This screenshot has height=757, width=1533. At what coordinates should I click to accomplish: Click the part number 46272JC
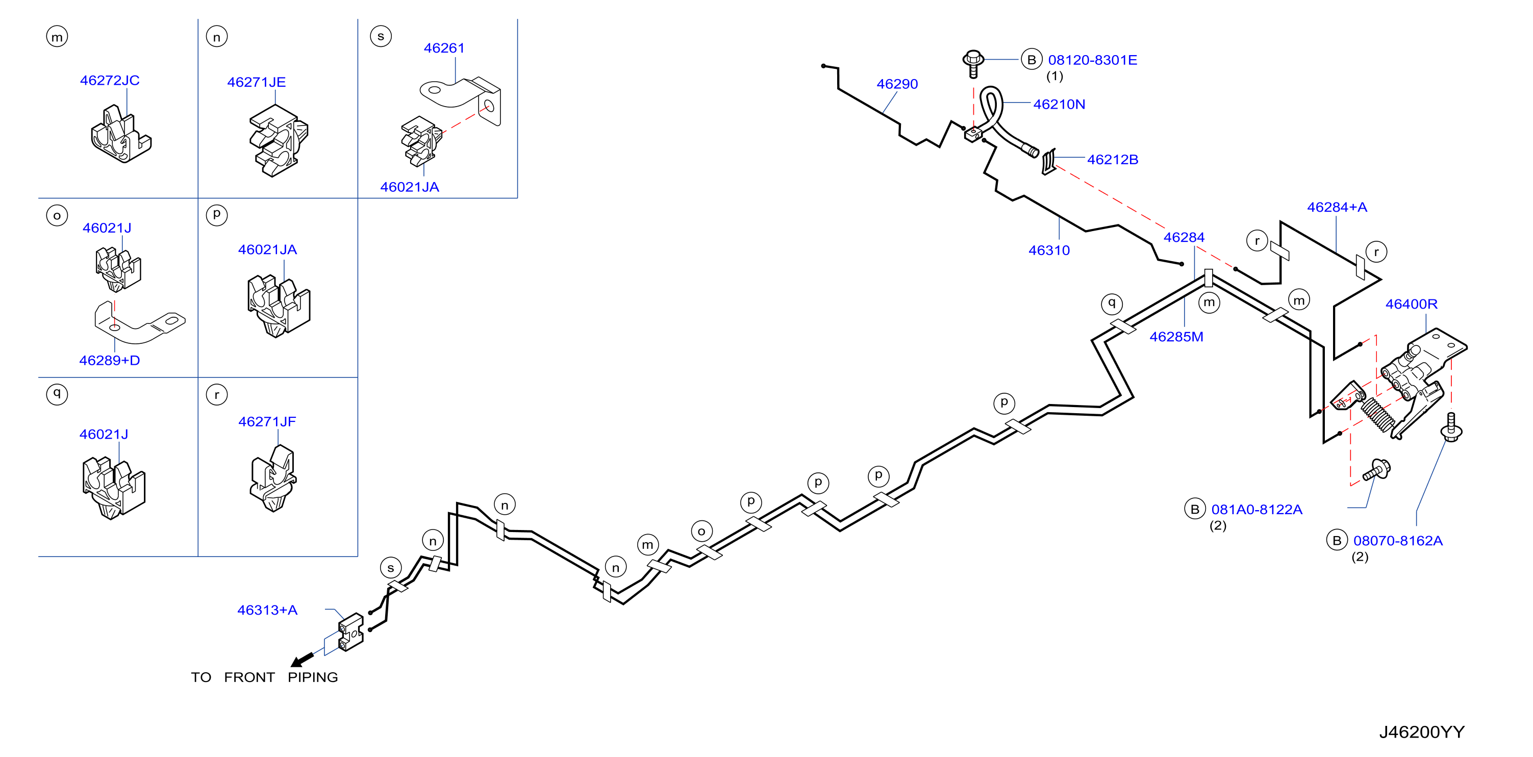(110, 81)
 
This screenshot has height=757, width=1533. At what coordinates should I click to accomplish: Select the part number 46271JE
(257, 82)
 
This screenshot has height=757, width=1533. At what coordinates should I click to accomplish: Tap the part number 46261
(444, 48)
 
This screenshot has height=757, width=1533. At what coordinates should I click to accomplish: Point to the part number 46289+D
(110, 361)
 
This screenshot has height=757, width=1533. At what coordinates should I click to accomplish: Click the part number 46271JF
(267, 422)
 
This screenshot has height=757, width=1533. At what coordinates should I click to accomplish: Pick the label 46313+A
(267, 610)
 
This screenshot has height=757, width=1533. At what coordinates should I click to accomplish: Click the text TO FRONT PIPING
(264, 677)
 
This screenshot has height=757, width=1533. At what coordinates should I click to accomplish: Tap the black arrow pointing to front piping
(303, 660)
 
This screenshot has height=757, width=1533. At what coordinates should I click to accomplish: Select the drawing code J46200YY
(1422, 732)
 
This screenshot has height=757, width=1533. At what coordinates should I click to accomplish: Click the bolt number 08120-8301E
(1093, 60)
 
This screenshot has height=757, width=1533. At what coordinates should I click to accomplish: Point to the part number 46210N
(1059, 105)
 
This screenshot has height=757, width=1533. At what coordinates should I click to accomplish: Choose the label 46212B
(1113, 160)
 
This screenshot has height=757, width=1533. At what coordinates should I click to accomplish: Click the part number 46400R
(1412, 304)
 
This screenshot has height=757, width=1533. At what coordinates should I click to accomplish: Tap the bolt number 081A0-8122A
(1257, 510)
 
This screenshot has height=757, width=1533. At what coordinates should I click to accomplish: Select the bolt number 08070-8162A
(1398, 541)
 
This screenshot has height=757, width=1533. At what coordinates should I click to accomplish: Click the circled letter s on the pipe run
(390, 568)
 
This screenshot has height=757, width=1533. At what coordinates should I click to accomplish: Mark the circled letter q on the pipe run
(1112, 304)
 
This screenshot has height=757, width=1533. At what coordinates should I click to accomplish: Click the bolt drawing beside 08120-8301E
(973, 64)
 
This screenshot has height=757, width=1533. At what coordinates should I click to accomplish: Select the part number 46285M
(1176, 337)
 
